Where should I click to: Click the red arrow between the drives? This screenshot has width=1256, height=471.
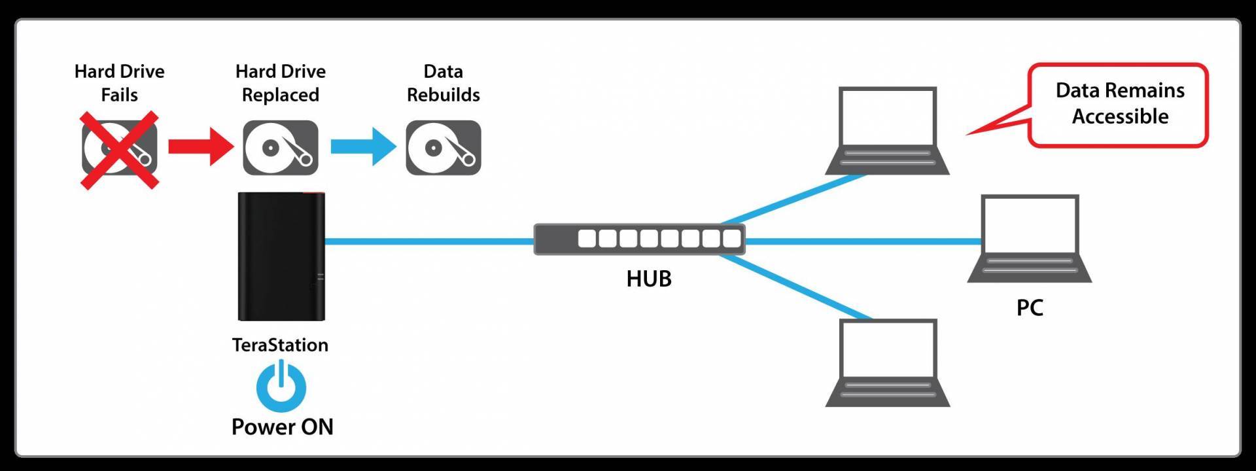tap(200, 147)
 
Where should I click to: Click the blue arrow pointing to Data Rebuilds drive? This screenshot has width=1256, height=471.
tap(363, 147)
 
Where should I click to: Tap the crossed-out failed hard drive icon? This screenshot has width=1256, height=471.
tap(120, 150)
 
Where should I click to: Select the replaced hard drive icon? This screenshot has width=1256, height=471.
tap(281, 147)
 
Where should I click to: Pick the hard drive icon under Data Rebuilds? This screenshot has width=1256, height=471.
tap(444, 147)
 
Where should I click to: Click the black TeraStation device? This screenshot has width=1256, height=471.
tap(281, 256)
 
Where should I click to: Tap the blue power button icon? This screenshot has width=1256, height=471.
tap(281, 386)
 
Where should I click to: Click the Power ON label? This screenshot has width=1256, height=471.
tap(283, 427)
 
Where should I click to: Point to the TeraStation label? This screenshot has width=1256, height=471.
tap(280, 345)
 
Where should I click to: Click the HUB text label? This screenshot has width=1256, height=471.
tap(649, 279)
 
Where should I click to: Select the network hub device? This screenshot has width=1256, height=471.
tap(640, 239)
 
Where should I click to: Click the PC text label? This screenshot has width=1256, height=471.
tap(1030, 307)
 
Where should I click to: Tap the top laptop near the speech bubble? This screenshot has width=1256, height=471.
tap(888, 131)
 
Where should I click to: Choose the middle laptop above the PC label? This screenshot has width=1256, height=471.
tap(1030, 239)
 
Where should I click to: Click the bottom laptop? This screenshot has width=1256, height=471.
tap(888, 363)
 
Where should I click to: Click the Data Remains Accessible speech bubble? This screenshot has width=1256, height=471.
tap(1119, 105)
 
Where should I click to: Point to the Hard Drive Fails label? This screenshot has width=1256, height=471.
tap(120, 82)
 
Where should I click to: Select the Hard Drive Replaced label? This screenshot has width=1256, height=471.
tap(281, 82)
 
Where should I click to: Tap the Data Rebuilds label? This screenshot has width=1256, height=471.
tap(444, 82)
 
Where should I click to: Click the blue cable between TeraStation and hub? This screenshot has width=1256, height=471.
tap(430, 241)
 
